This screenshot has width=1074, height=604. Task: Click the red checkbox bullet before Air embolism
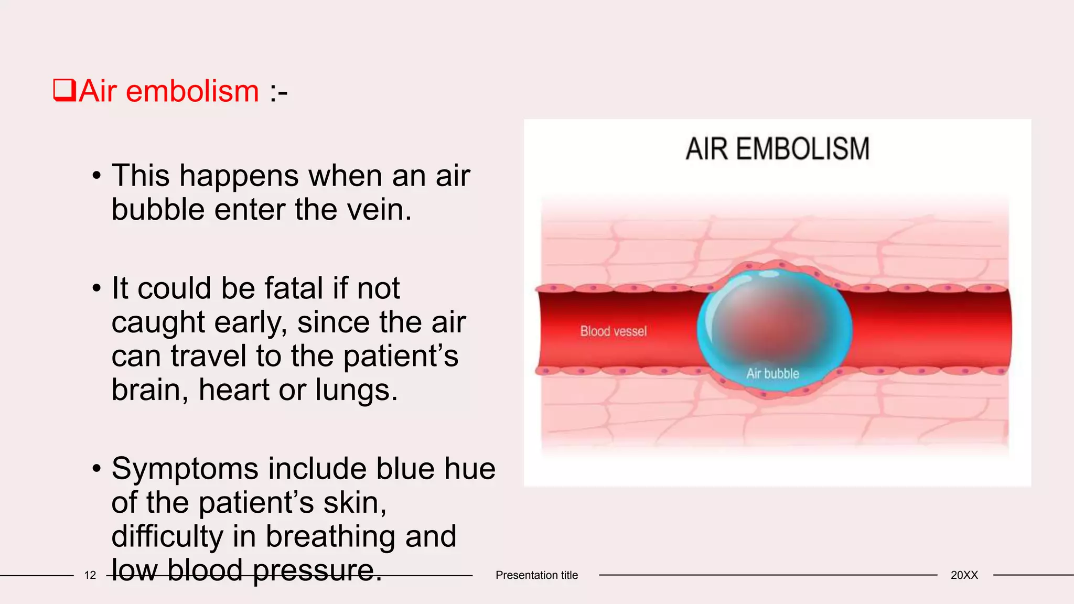[65, 90]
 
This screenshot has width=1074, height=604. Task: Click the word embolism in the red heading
[192, 91]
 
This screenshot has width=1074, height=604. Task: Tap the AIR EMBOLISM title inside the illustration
[777, 149]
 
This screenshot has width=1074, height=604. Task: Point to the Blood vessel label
[613, 331]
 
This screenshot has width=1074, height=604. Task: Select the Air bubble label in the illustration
[772, 374]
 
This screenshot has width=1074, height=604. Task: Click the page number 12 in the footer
[90, 575]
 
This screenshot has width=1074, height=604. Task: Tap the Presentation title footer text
[536, 575]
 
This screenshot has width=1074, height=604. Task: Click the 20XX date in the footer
[964, 575]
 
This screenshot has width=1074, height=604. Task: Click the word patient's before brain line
[401, 356]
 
